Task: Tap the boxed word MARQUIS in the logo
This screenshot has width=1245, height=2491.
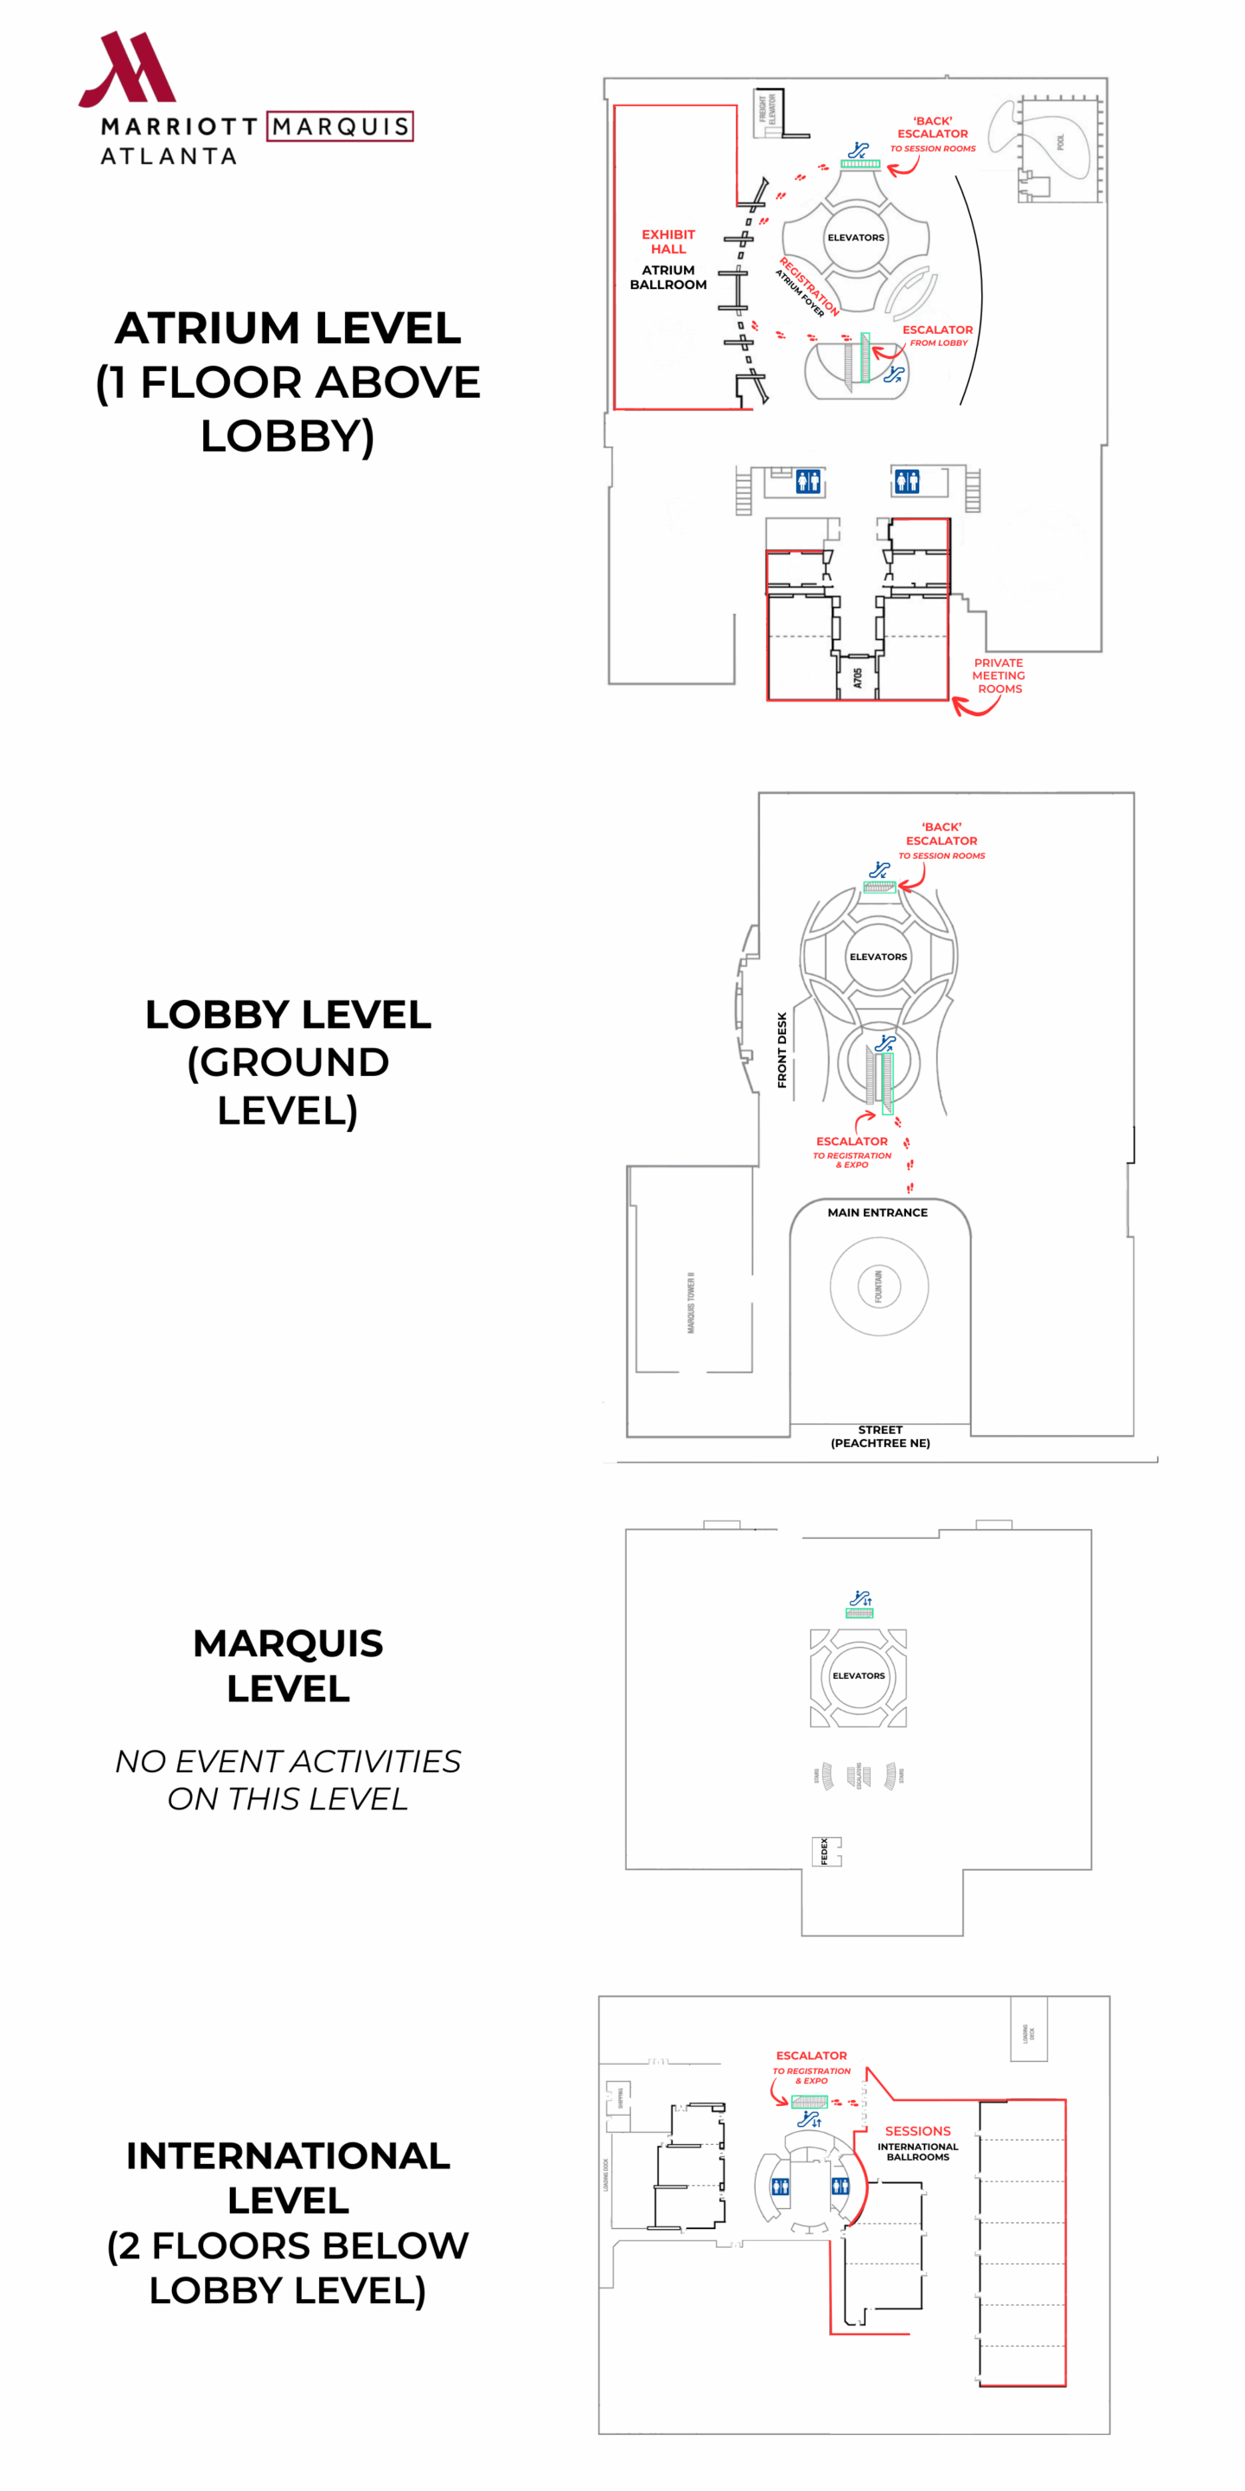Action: click(341, 126)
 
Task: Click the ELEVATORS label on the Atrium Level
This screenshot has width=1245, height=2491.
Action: click(855, 238)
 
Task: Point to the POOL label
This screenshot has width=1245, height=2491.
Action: click(1060, 142)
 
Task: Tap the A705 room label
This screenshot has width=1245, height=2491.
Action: click(858, 678)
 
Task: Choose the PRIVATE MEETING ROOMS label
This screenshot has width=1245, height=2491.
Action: click(999, 676)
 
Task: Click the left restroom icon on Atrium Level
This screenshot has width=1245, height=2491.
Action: click(808, 481)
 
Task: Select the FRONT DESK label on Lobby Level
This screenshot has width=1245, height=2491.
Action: click(782, 1050)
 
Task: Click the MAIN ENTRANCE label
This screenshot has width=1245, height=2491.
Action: click(878, 1213)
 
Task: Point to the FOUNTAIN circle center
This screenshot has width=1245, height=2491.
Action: click(878, 1286)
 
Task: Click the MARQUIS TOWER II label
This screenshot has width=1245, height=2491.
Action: click(691, 1303)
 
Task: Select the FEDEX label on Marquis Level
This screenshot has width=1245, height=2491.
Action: click(825, 1851)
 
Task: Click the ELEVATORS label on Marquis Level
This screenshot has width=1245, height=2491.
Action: click(859, 1676)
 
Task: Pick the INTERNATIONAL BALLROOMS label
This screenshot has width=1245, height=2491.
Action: click(917, 2152)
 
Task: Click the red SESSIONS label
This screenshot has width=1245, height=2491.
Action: click(917, 2130)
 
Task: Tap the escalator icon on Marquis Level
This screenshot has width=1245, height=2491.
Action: click(860, 1598)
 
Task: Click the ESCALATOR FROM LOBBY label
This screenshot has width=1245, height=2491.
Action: click(937, 336)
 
